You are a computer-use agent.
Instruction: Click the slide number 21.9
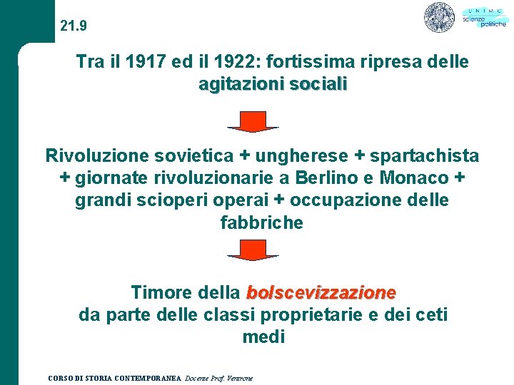pos(74,26)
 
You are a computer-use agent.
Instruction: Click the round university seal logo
pos(439,17)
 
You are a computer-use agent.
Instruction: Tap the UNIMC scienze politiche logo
pos(483,17)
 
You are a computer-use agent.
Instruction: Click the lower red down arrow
pos(253,250)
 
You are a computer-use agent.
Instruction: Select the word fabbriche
pos(262,222)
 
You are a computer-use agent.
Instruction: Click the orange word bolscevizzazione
pos(321,292)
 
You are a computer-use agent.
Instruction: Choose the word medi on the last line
pos(263,337)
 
